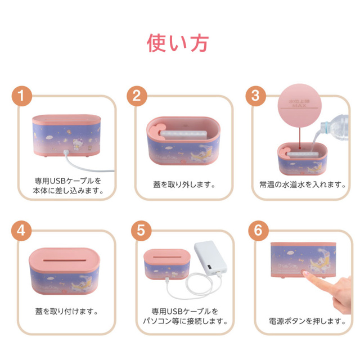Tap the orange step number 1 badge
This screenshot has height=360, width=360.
pos(21,96)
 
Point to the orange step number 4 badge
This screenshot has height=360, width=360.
pos(21,231)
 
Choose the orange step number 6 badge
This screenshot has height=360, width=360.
pos(255,231)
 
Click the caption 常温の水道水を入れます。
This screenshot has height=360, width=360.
pos(300,184)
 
